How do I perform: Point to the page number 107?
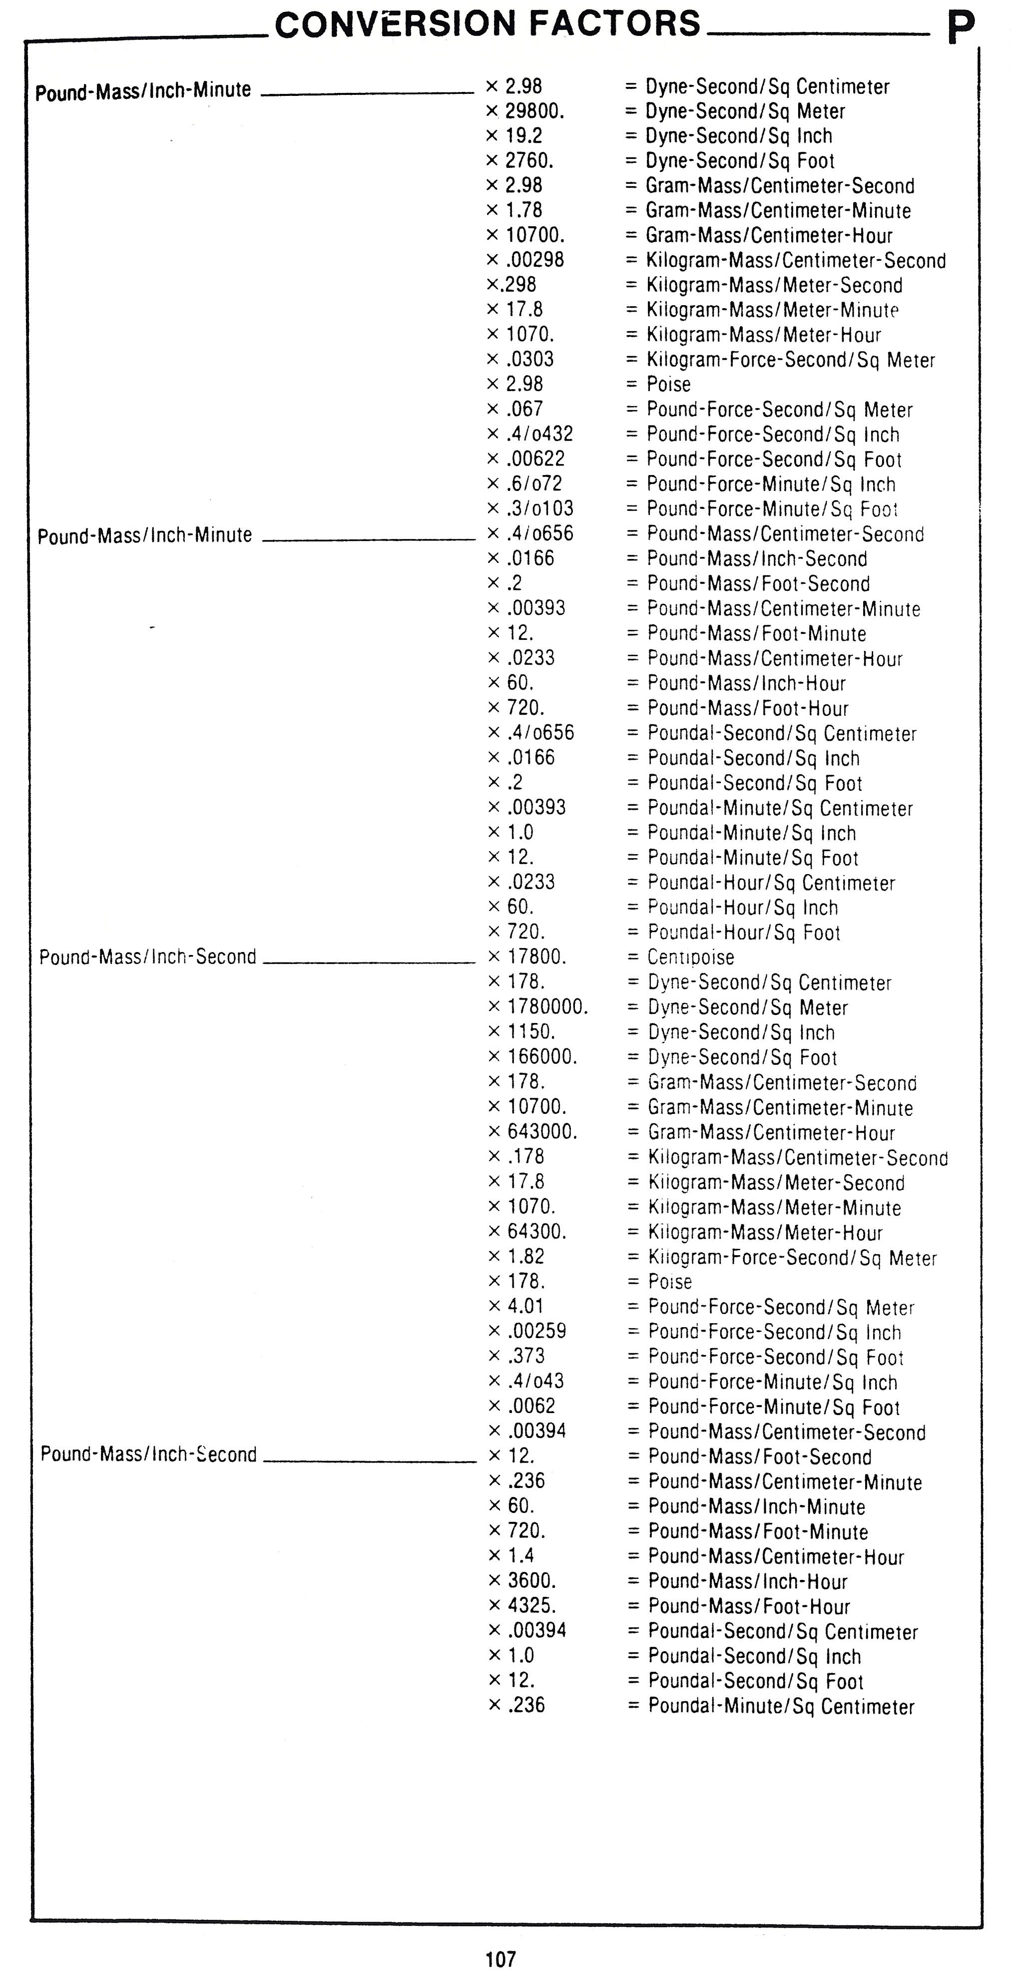coord(501,1959)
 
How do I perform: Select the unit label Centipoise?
coord(691,957)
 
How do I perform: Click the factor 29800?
coord(534,111)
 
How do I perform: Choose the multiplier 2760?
coord(529,161)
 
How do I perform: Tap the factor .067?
coord(524,409)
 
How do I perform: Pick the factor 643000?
coord(542,1131)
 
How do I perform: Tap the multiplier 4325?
coord(531,1605)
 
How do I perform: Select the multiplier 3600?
coord(531,1580)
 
